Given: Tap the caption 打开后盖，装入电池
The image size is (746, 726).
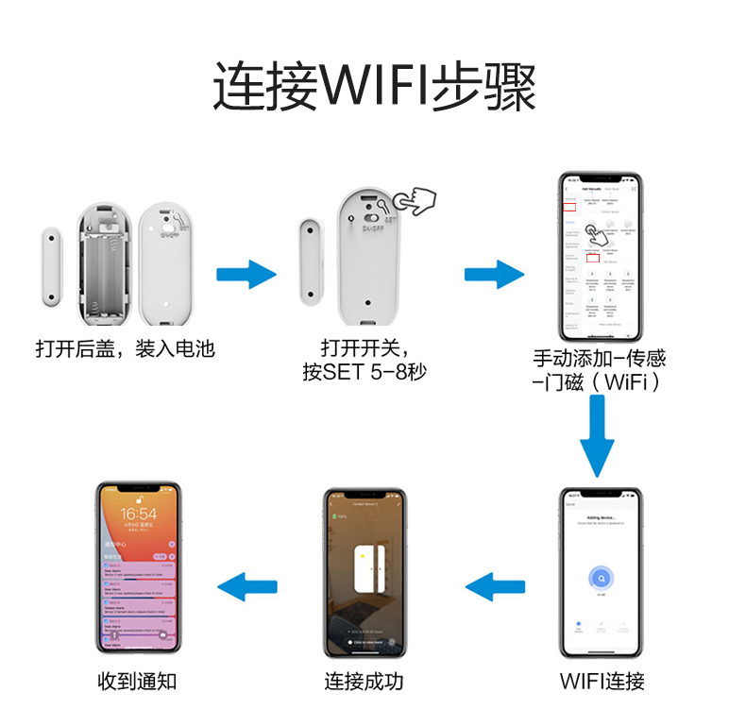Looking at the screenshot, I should pyautogui.click(x=126, y=349).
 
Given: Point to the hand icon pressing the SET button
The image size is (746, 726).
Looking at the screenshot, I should pyautogui.click(x=413, y=199).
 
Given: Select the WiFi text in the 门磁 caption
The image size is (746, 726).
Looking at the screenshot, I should pyautogui.click(x=628, y=382).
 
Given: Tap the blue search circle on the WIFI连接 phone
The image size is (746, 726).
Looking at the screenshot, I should pyautogui.click(x=600, y=578).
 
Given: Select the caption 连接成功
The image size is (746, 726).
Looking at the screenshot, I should pyautogui.click(x=364, y=681).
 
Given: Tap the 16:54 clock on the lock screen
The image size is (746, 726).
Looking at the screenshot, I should pyautogui.click(x=139, y=515).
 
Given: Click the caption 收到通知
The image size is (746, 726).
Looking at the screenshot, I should pyautogui.click(x=137, y=681).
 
